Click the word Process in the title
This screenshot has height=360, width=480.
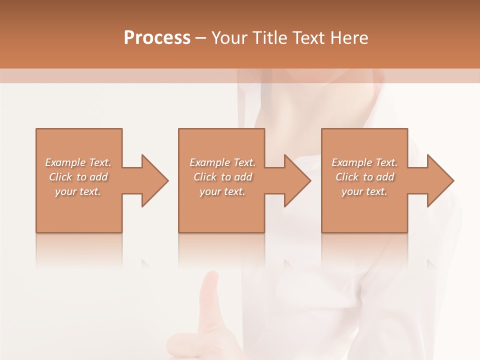[x=157, y=38]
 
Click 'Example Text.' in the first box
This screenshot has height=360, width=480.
[x=78, y=162]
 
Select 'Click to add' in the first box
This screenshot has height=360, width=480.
[x=78, y=177]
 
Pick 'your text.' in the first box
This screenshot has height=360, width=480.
[x=78, y=191]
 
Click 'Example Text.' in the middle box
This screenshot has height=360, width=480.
[x=222, y=162]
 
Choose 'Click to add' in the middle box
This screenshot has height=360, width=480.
[x=222, y=177]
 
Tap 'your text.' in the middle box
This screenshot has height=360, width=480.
[x=222, y=191]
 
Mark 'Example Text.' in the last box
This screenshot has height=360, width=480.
[x=364, y=162]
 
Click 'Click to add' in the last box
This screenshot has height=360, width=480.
[x=364, y=177]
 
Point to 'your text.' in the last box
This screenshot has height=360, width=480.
[x=364, y=191]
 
